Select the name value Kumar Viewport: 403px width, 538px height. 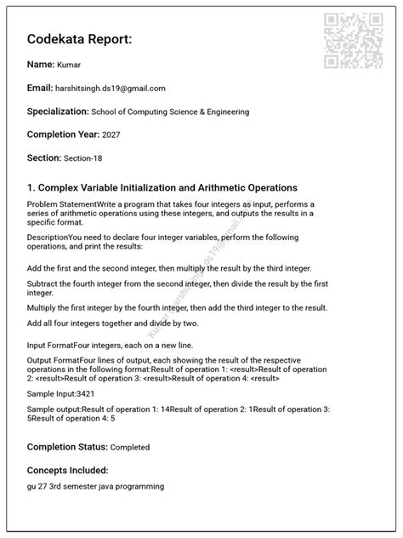tap(70, 65)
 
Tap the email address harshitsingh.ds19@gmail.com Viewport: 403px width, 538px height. tap(110, 89)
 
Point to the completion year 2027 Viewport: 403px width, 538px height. tap(112, 135)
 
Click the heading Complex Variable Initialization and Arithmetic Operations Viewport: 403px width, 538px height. tap(162, 187)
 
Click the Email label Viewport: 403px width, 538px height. tap(39, 88)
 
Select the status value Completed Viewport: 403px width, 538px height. tap(130, 447)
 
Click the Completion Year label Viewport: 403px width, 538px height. tap(63, 134)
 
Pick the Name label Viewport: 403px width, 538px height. tap(40, 64)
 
